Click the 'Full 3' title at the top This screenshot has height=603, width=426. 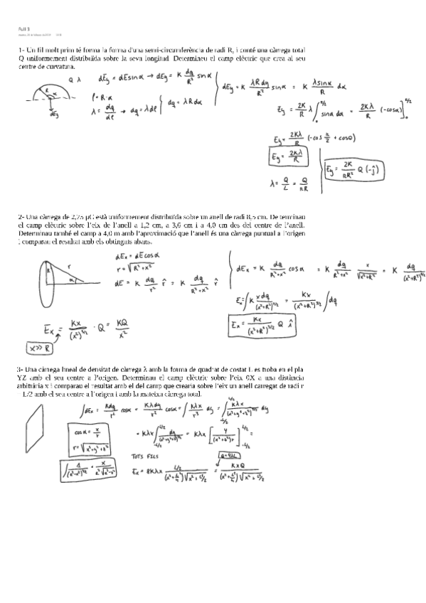point(23,28)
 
